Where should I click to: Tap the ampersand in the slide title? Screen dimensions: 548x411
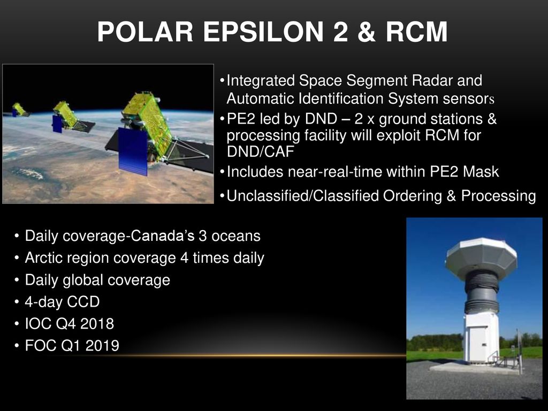click(x=366, y=32)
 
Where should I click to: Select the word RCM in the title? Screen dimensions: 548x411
click(x=416, y=32)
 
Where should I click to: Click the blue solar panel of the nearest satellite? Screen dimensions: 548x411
click(x=133, y=151)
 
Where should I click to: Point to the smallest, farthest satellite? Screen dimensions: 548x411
click(x=18, y=110)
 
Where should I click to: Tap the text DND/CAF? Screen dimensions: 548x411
click(x=261, y=151)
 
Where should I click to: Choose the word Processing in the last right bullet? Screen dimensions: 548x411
click(x=498, y=196)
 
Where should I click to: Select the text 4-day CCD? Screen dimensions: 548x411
click(x=62, y=302)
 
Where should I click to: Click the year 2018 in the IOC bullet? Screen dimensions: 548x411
click(x=97, y=324)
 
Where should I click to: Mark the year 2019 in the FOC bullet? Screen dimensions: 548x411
click(x=102, y=346)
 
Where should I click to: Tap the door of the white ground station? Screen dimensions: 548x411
click(x=478, y=344)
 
